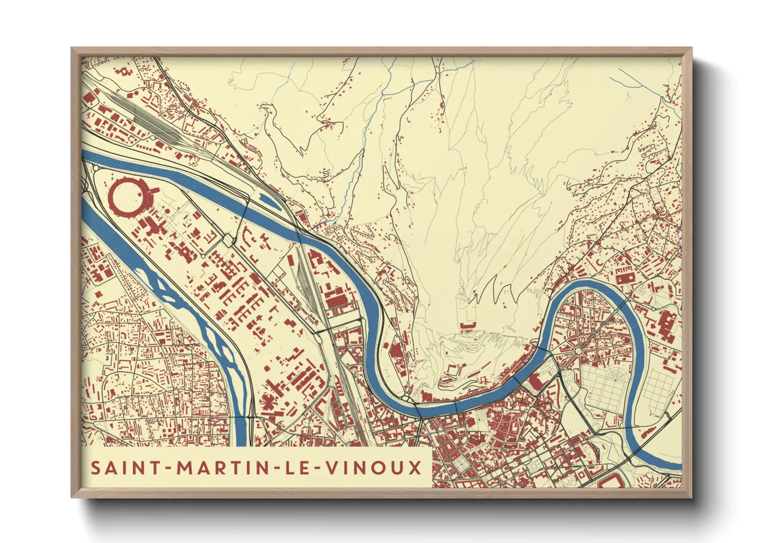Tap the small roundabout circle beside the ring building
point(96,168)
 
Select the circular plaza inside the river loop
point(579,351)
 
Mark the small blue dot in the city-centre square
point(461,464)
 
